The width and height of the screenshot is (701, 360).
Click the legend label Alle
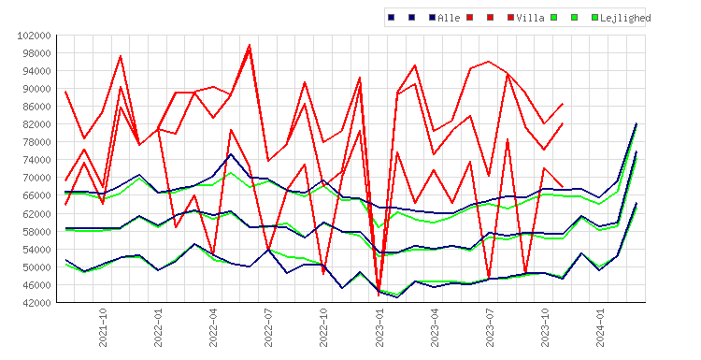(x=449, y=18)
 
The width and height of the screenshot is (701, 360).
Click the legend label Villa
(x=530, y=18)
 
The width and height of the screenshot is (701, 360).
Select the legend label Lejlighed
(x=625, y=18)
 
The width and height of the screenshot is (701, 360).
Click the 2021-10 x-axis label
(x=103, y=327)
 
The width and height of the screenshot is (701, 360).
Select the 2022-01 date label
(x=158, y=327)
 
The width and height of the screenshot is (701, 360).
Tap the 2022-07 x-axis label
(x=268, y=327)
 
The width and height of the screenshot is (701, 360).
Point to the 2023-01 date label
(x=379, y=327)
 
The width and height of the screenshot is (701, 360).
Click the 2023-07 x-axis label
(x=490, y=327)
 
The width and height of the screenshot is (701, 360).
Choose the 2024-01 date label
(x=600, y=327)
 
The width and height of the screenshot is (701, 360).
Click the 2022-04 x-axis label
(x=213, y=327)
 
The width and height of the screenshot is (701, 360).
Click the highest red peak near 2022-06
(x=250, y=45)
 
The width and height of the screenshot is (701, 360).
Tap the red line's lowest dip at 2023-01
(x=379, y=295)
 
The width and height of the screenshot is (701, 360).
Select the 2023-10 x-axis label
(x=545, y=327)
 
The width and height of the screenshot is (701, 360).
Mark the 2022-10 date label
(x=323, y=327)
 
